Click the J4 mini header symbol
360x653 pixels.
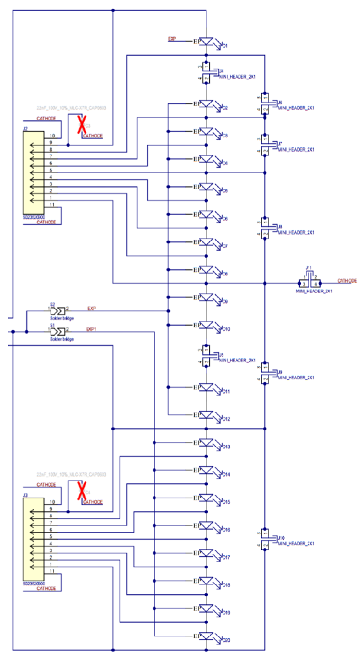coord(206,72)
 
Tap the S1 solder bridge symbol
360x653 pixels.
coord(58,331)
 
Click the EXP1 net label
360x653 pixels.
coord(91,329)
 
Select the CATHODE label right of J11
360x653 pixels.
coord(347,281)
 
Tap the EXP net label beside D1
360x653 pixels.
coord(172,38)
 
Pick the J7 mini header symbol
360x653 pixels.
coord(265,145)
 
